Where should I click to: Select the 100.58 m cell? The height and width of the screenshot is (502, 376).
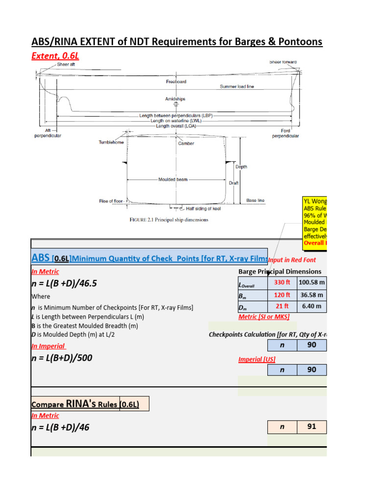(311, 282)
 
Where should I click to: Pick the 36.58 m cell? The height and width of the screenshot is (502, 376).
(311, 295)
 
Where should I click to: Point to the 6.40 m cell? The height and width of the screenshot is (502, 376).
(311, 307)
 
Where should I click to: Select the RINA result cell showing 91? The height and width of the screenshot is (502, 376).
(311, 427)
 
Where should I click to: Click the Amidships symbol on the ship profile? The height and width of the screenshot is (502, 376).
(176, 104)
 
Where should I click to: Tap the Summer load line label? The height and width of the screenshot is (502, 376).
(237, 87)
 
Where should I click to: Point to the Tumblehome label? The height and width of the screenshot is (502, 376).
(111, 143)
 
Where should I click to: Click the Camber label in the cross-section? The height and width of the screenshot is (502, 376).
(186, 144)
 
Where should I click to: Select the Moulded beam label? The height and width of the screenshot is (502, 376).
(173, 180)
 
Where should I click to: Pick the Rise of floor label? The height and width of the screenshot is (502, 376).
(112, 201)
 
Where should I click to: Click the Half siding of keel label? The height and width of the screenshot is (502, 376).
(203, 209)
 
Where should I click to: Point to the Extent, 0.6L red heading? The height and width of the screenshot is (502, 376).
(55, 56)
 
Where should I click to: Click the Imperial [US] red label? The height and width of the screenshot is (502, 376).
(257, 359)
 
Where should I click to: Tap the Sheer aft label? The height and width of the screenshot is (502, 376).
(66, 64)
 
